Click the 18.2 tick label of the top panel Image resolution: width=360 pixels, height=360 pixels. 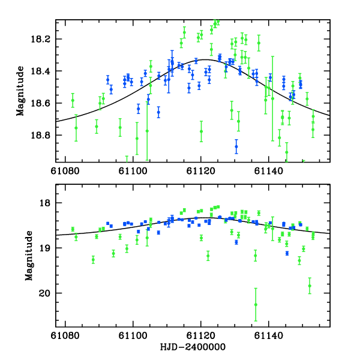[x=45, y=39]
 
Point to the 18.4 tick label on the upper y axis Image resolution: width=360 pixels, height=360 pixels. [x=45, y=71]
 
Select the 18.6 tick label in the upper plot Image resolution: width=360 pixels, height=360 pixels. [x=45, y=103]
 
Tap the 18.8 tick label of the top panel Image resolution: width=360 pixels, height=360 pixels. [x=45, y=135]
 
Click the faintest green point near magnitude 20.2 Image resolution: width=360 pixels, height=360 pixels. [x=256, y=304]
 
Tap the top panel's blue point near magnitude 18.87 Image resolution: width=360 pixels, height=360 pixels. [x=236, y=146]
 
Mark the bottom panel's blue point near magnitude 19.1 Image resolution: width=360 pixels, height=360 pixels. [x=287, y=253]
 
